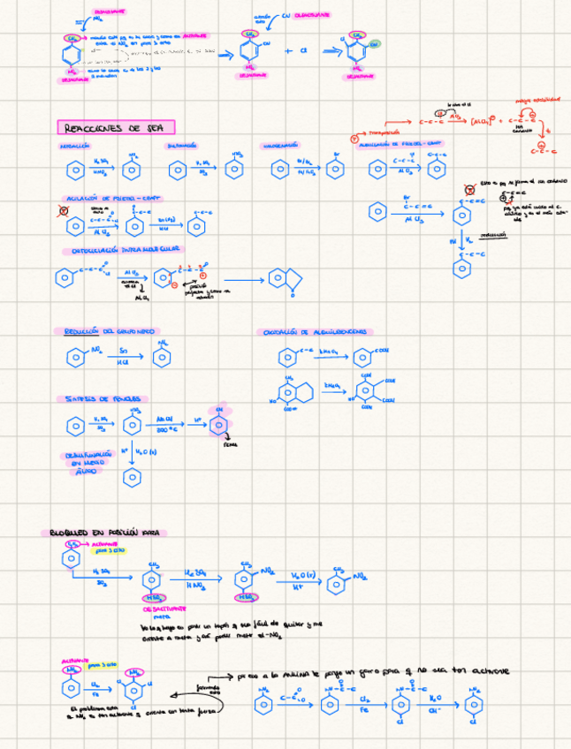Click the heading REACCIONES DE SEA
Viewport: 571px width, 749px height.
pyautogui.click(x=116, y=127)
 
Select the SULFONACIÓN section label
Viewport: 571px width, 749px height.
pyautogui.click(x=181, y=146)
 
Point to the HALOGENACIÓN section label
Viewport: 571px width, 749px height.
pyautogui.click(x=284, y=146)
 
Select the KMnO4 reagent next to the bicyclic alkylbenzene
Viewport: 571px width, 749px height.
pyautogui.click(x=333, y=387)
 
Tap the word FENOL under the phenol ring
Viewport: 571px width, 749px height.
pyautogui.click(x=231, y=445)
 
